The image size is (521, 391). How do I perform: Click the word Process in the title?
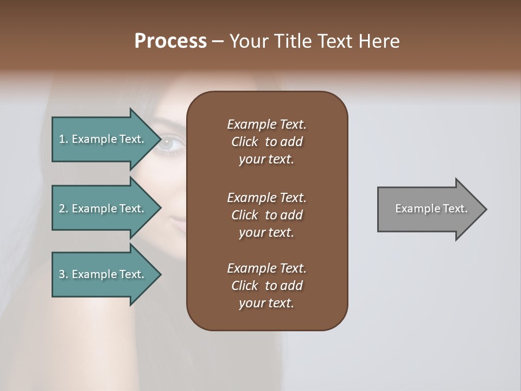coord(170,41)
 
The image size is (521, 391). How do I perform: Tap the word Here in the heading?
coord(379,41)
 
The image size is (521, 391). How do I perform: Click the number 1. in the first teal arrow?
coord(63,139)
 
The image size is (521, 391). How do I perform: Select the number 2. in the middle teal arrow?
coord(63,209)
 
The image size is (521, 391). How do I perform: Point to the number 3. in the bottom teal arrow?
coord(63,274)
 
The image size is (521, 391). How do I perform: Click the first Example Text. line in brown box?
coord(266,124)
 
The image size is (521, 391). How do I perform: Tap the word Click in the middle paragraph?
coord(245,215)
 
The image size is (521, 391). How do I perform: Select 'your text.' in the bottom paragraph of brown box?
coord(266,303)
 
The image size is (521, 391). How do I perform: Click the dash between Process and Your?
coord(218,41)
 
